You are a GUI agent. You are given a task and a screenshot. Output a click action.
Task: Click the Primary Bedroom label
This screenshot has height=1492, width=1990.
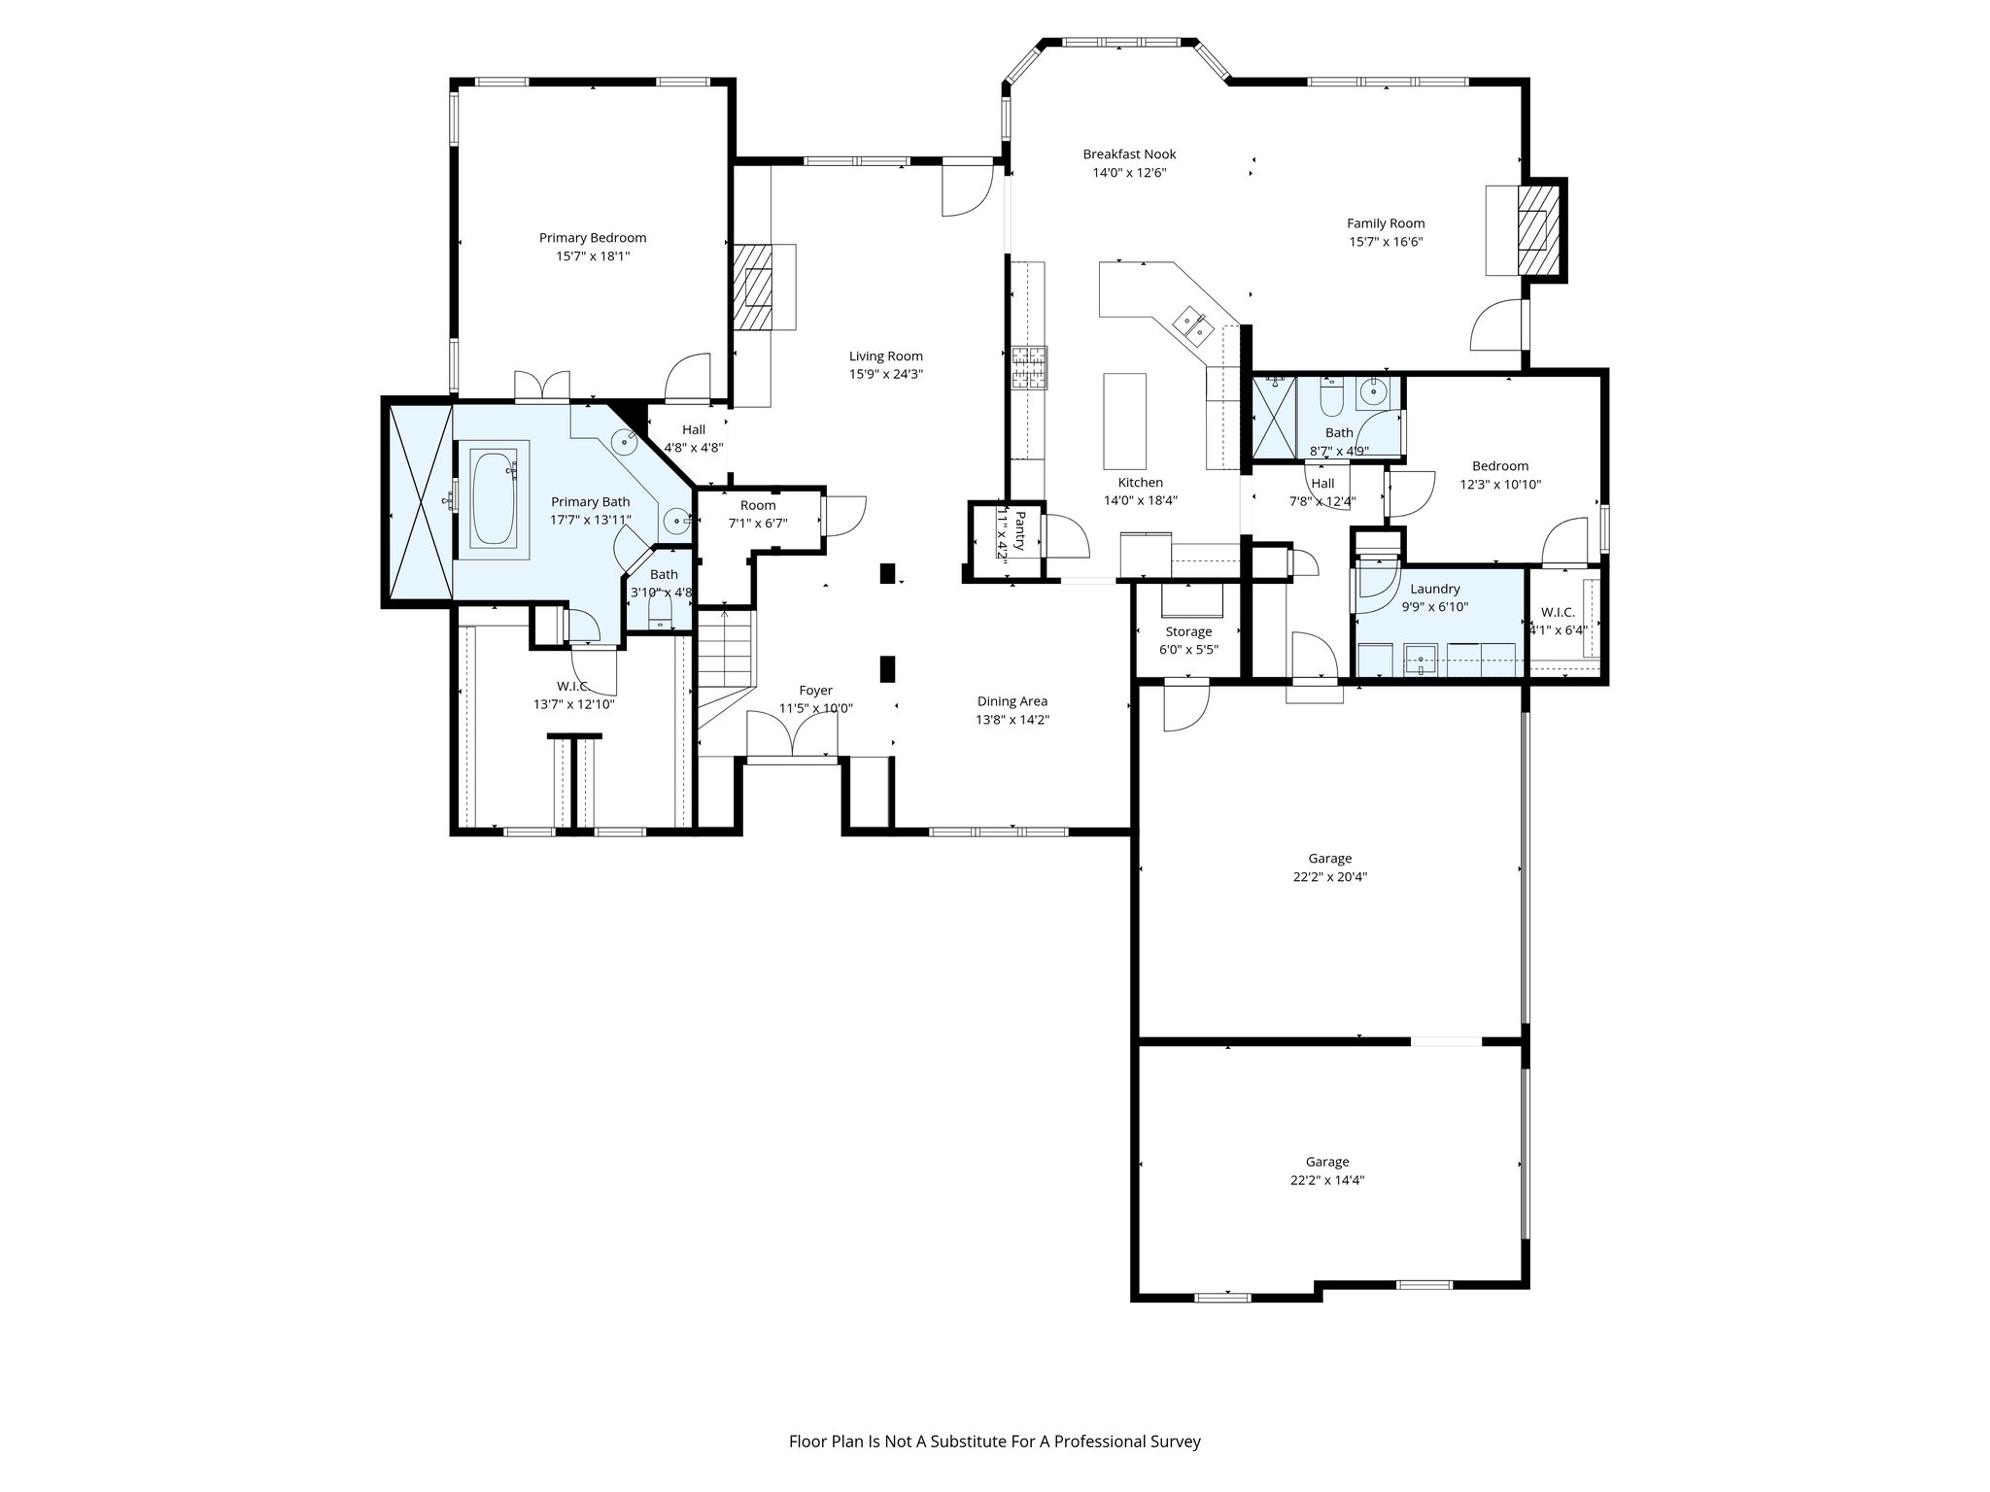(592, 238)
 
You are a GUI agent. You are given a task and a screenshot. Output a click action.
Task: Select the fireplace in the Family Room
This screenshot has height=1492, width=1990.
(1536, 230)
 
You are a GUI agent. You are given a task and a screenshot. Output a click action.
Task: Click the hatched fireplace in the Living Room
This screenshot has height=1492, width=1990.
(752, 288)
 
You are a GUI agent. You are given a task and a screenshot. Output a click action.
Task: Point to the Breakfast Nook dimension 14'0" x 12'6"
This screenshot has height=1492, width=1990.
(1128, 173)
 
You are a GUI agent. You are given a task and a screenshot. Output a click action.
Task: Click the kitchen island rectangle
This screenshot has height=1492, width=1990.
(1124, 421)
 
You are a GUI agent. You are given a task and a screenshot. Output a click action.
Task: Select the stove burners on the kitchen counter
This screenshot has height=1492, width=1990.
(1030, 367)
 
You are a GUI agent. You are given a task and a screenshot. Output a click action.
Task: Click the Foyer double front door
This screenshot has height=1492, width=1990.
(792, 735)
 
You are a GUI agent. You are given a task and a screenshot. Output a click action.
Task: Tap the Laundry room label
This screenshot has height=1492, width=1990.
(1434, 589)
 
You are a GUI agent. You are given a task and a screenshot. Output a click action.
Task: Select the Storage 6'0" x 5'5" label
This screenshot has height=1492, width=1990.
(1188, 640)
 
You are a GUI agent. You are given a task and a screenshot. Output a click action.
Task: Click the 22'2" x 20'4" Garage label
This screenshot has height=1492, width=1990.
(1329, 867)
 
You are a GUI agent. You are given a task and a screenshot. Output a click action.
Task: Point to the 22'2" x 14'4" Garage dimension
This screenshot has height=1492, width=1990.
(1327, 1180)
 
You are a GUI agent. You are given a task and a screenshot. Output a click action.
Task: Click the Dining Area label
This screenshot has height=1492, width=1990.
(1012, 701)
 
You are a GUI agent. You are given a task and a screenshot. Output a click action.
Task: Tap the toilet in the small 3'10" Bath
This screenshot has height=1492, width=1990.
(660, 610)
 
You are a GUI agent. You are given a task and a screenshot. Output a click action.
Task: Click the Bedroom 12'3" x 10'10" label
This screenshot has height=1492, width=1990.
(1499, 475)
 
